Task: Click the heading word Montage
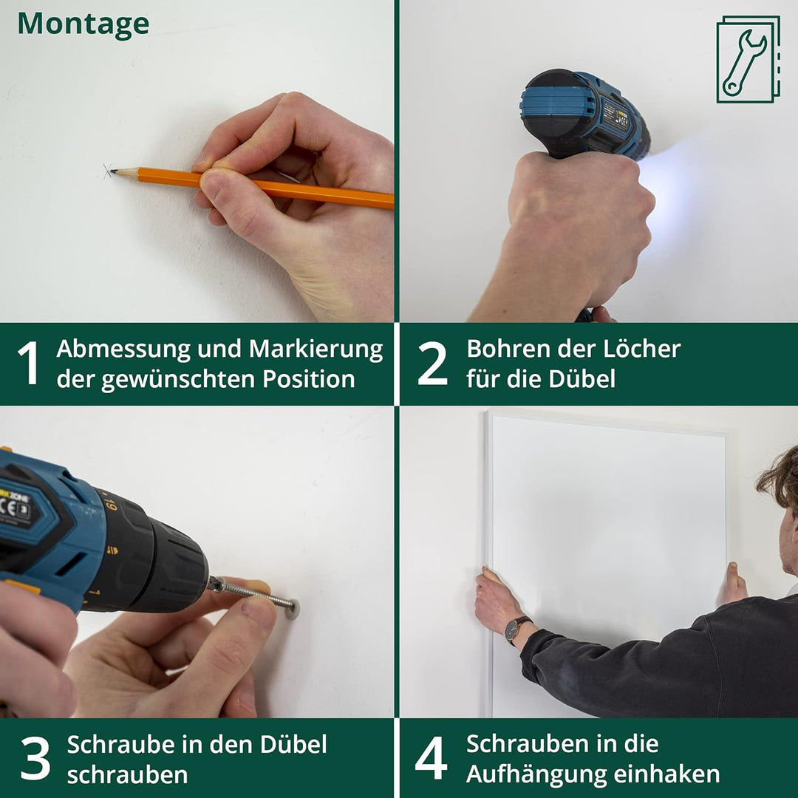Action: point(83,24)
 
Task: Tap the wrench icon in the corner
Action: point(748,60)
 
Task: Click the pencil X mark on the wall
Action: point(107,171)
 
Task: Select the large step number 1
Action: point(29,362)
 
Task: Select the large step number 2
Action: point(432,362)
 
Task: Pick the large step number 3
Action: point(35,758)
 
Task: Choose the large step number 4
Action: point(431,757)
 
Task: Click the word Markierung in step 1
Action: point(316,349)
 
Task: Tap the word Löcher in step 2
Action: point(641,349)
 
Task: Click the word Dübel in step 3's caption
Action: point(293,744)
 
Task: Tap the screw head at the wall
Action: point(293,609)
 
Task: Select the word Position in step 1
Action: point(308,379)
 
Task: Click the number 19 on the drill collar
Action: point(110,504)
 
